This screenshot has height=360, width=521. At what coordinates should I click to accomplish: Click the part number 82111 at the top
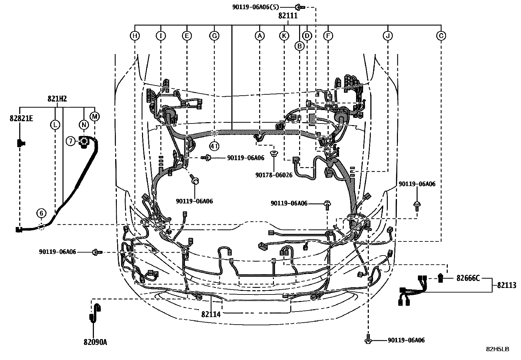pyautogui.click(x=288, y=15)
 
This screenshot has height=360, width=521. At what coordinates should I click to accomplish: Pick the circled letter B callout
pyautogui.click(x=299, y=46)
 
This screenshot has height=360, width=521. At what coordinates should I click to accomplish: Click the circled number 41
pyautogui.click(x=214, y=146)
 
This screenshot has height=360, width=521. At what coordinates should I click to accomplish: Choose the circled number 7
pyautogui.click(x=71, y=141)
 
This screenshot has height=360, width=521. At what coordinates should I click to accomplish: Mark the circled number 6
pyautogui.click(x=42, y=213)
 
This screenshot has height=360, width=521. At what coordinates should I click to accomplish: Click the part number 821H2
pyautogui.click(x=58, y=99)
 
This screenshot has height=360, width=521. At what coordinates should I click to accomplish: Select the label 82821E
pyautogui.click(x=21, y=119)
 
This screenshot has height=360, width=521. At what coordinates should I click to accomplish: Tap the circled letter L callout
pyautogui.click(x=55, y=124)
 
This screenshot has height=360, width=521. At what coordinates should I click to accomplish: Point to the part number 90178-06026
pyautogui.click(x=274, y=175)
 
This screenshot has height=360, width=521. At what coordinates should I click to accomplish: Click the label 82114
pyautogui.click(x=211, y=314)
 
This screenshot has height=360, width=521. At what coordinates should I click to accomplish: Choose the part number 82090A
pyautogui.click(x=95, y=342)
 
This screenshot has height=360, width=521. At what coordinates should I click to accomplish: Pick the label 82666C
pyautogui.click(x=468, y=278)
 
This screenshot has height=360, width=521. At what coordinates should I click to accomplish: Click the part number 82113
pyautogui.click(x=507, y=285)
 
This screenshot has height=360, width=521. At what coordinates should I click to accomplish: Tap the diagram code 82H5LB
pyautogui.click(x=497, y=349)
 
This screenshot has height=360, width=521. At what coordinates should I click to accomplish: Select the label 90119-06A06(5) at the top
pyautogui.click(x=256, y=7)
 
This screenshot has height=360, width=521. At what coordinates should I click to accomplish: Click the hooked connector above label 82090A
pyautogui.click(x=95, y=313)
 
